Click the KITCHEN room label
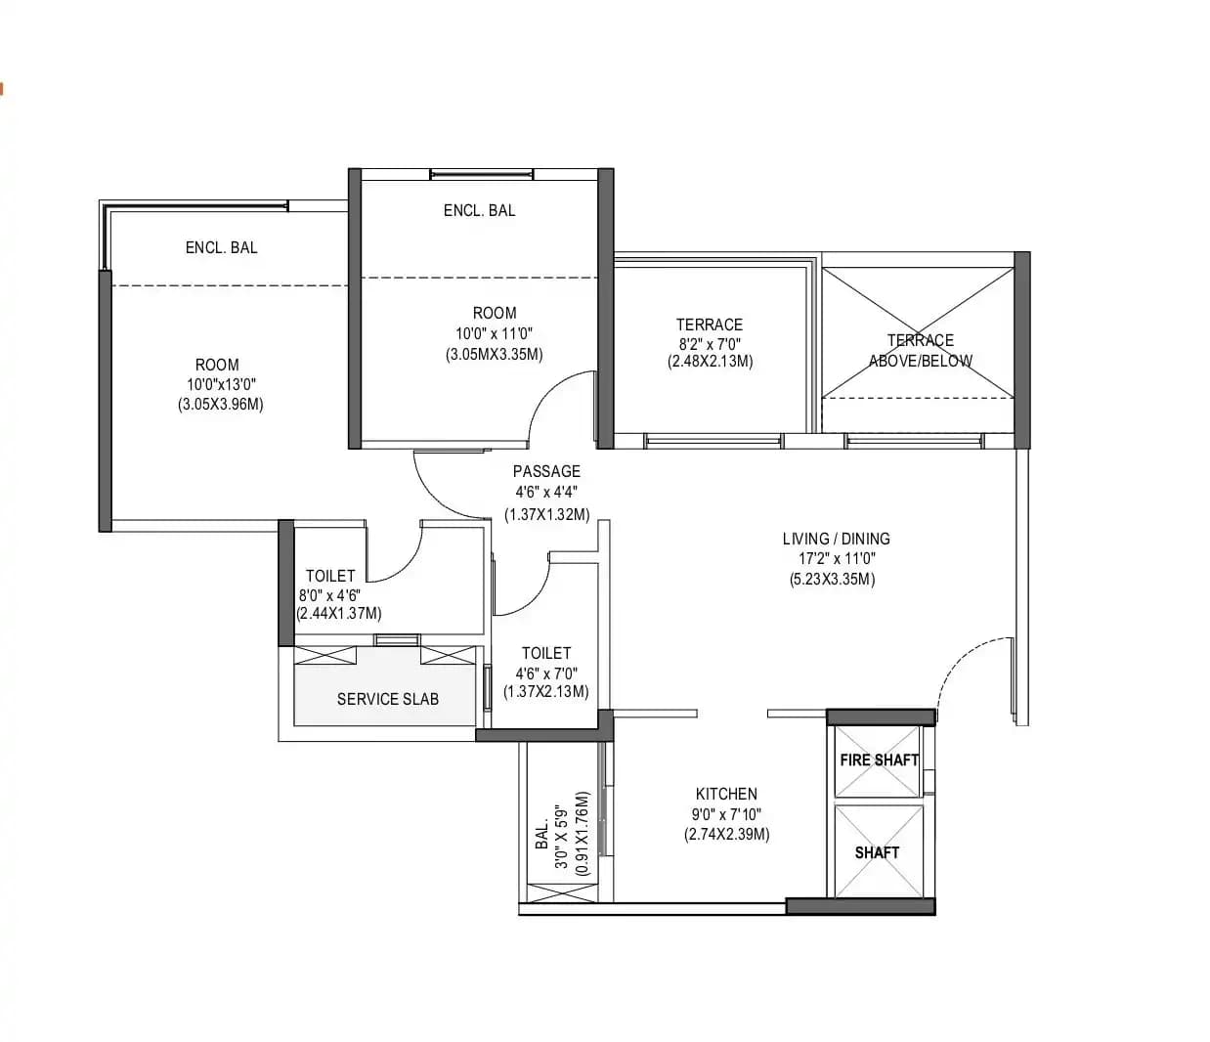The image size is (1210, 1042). coord(726,794)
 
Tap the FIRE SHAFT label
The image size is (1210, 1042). coord(879,760)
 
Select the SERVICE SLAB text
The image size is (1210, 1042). coord(387,699)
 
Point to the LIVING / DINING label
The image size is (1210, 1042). coord(836,539)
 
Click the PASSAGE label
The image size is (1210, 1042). coord(546,471)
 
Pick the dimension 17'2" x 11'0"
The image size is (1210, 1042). coord(836,559)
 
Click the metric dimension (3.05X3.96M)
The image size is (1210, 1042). coord(220,404)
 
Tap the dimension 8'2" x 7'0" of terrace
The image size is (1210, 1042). coord(710,343)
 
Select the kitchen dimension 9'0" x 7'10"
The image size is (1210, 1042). coord(726,814)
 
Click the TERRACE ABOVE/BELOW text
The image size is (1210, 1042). coord(920,350)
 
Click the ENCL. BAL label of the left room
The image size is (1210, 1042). coord(221,247)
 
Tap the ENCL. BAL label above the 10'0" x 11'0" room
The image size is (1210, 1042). coord(479,210)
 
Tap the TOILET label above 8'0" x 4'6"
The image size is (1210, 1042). coord(330,576)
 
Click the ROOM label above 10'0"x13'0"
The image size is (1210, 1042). coord(217,365)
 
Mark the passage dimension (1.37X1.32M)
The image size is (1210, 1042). coord(546,514)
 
